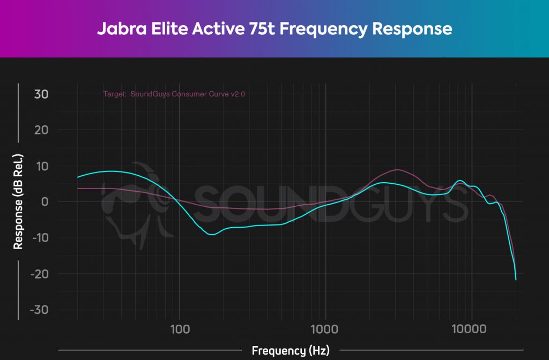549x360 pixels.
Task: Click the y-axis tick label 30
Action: (x=42, y=94)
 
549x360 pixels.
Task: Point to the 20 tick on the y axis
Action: (x=42, y=130)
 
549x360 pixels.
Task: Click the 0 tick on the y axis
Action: (x=46, y=202)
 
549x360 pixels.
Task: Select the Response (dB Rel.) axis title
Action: (x=18, y=202)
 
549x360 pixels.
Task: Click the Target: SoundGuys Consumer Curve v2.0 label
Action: (x=174, y=94)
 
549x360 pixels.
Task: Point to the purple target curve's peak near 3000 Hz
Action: (x=397, y=170)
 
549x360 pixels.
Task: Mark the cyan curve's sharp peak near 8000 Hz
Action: (x=460, y=181)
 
